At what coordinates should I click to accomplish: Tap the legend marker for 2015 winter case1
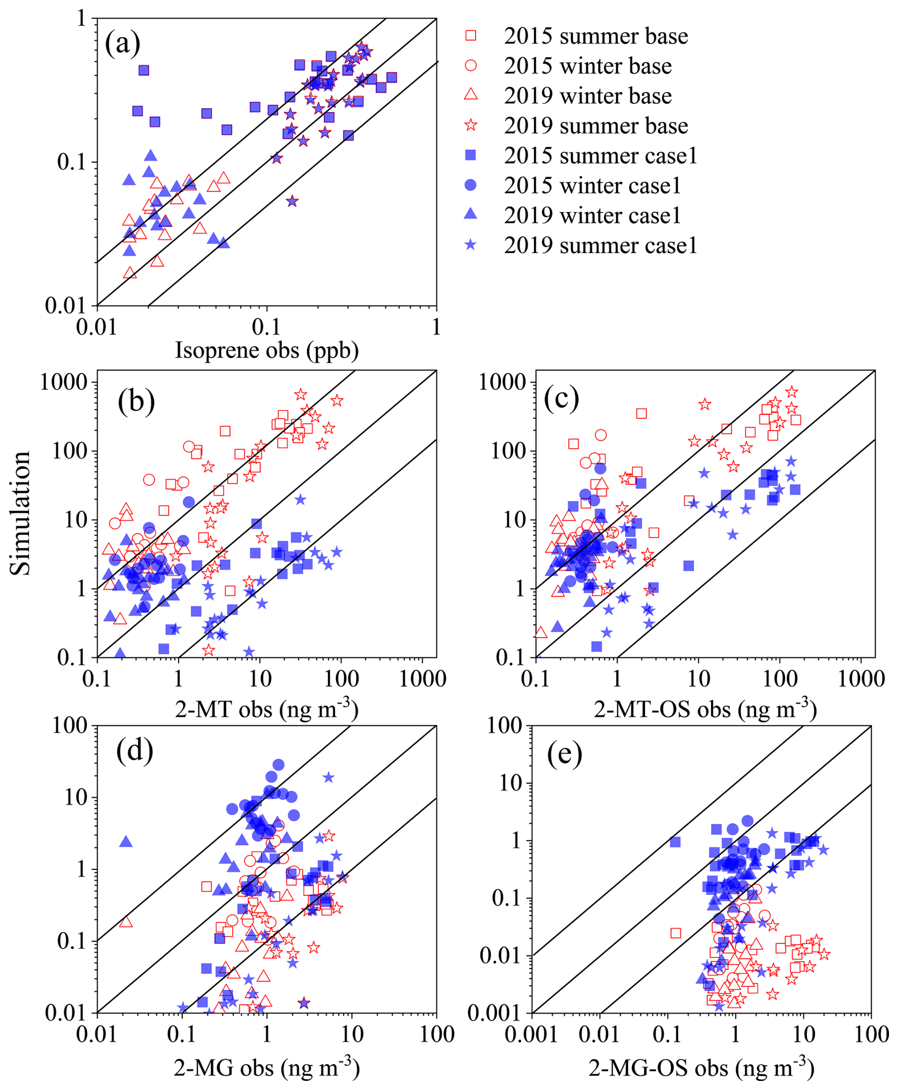coord(470,185)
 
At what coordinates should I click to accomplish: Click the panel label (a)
coord(122,44)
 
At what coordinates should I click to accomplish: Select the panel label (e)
coord(564,754)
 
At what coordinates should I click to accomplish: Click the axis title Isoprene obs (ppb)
coord(266,350)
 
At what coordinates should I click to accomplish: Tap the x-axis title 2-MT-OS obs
coord(705,709)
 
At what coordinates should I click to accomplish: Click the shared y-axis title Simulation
coord(21,513)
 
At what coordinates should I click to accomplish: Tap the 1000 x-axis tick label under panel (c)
coord(861,678)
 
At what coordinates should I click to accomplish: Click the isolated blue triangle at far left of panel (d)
coord(126,842)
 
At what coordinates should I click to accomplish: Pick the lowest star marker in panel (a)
coord(292,201)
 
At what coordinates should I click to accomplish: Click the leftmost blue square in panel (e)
coord(675,842)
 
